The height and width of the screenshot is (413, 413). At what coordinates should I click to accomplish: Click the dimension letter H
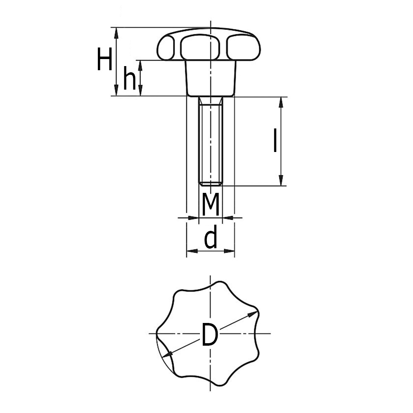[104, 59]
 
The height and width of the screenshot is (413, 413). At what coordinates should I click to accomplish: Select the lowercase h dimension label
[130, 78]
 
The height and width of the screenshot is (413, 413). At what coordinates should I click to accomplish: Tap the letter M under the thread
[211, 204]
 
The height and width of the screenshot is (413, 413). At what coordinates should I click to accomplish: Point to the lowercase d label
[211, 237]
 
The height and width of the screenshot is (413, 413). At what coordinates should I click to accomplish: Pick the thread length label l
[275, 141]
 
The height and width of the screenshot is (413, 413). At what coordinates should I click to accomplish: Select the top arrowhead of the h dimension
[140, 66]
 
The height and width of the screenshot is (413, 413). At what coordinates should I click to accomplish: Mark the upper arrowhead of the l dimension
[281, 102]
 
